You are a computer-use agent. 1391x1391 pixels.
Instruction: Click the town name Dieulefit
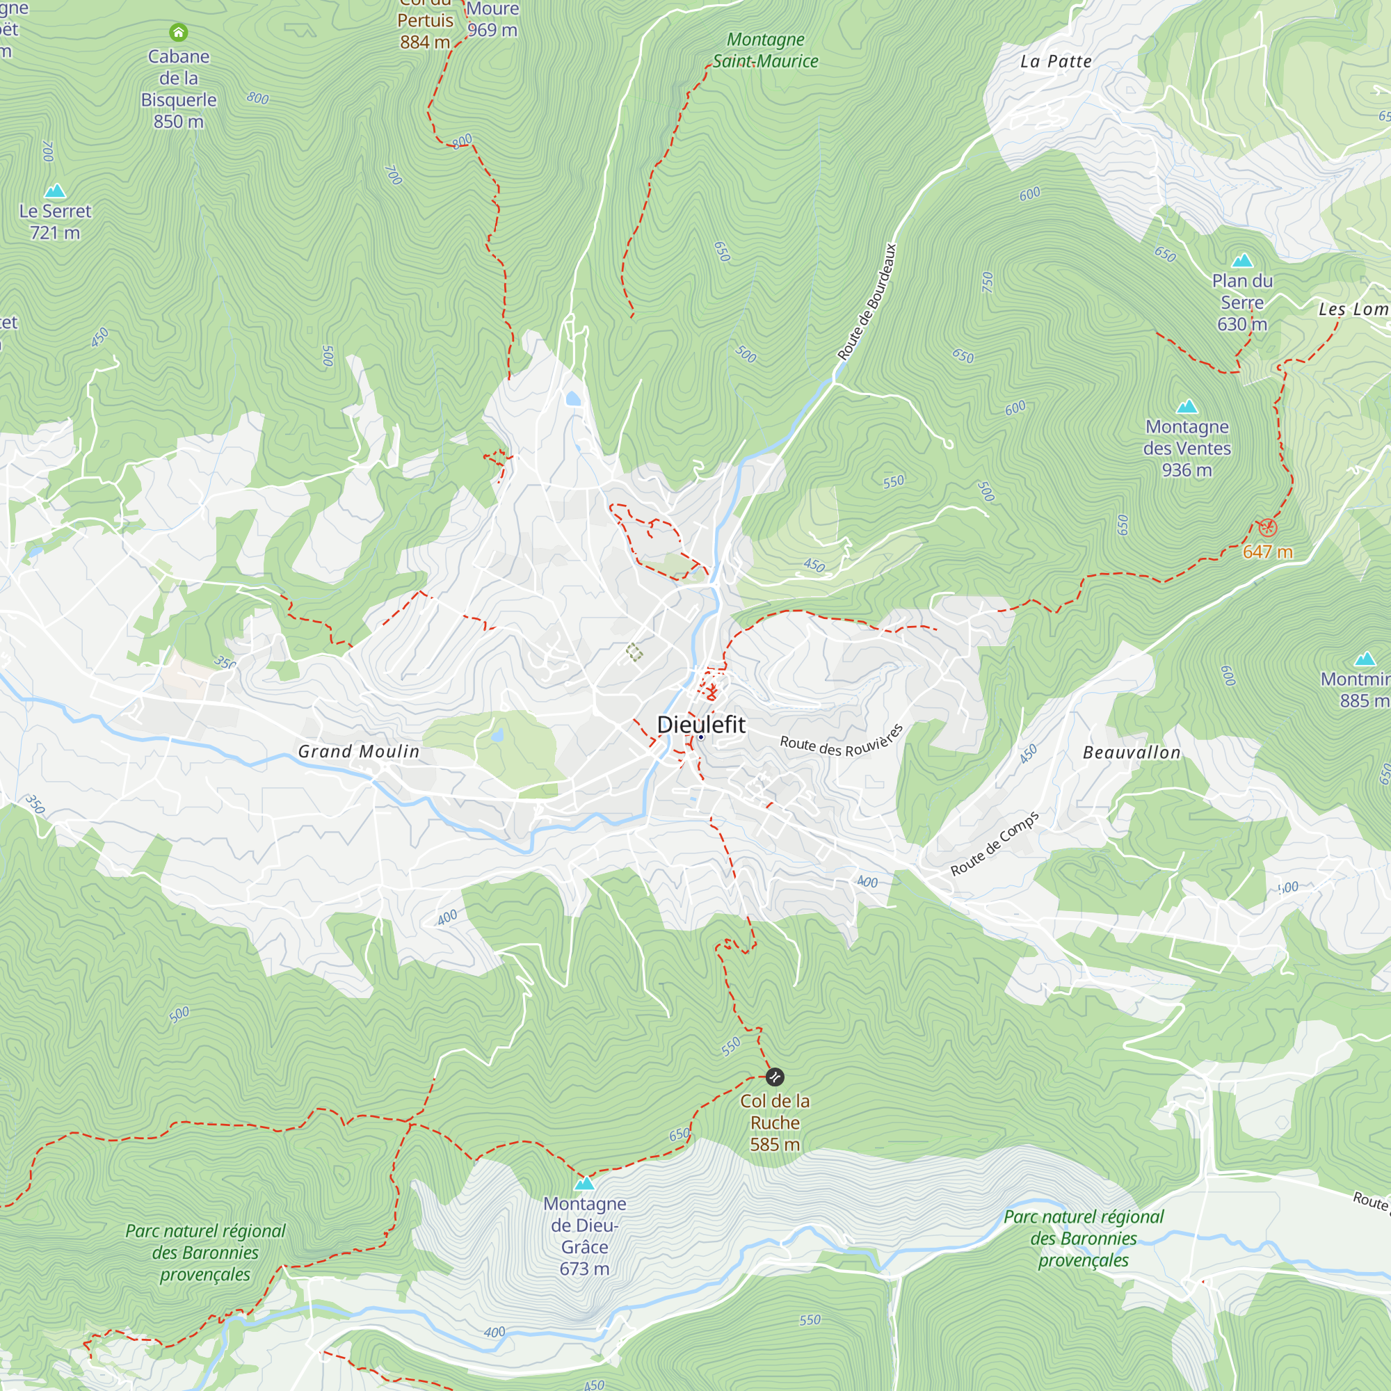[700, 724]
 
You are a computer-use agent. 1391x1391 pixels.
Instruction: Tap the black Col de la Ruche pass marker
[775, 1077]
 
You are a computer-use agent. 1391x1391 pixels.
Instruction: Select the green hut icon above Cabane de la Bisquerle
[179, 32]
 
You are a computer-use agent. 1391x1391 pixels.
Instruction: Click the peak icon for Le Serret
[56, 191]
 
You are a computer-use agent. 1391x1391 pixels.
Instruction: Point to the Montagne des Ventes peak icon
[1187, 406]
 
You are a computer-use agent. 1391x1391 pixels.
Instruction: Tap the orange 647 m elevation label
[1267, 552]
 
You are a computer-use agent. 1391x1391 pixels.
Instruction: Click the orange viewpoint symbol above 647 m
[1267, 528]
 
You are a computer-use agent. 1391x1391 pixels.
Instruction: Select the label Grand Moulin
[359, 751]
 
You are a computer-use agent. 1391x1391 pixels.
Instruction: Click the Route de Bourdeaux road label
[867, 302]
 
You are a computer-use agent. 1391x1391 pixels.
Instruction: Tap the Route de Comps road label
[995, 844]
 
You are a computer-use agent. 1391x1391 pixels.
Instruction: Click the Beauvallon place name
[1132, 753]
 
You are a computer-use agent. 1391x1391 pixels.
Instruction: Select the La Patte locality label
[1056, 61]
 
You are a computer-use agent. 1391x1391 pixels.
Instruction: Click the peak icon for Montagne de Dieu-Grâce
[585, 1184]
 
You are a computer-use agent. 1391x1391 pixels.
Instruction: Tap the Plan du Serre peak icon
[1242, 261]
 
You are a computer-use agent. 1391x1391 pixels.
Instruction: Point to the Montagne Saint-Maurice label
[765, 50]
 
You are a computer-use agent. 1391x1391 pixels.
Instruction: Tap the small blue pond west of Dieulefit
[497, 735]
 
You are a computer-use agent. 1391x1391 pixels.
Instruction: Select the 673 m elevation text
[584, 1269]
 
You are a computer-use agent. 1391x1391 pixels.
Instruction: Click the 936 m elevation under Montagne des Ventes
[1187, 470]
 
